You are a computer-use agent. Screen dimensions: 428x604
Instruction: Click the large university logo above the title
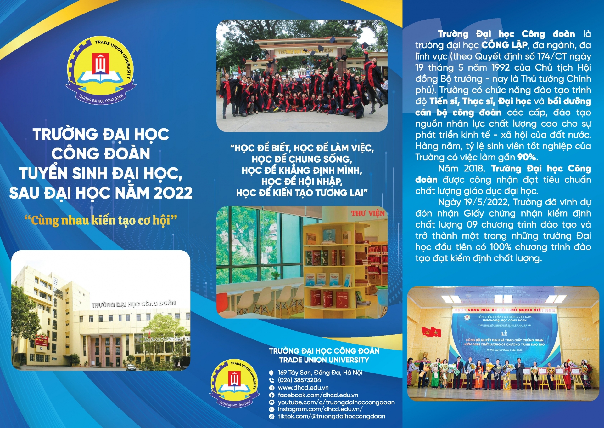(x=100, y=70)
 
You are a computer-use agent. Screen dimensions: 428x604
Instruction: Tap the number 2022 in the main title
(x=173, y=193)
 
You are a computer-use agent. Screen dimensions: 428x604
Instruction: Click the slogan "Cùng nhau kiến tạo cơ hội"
(x=101, y=220)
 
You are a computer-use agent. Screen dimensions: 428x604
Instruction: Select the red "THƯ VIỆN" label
(x=368, y=213)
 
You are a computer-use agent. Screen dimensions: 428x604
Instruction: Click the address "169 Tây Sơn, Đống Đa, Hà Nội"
(x=320, y=373)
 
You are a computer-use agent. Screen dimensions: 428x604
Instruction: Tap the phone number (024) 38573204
(x=299, y=380)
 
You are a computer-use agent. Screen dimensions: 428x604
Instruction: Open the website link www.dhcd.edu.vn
(x=303, y=388)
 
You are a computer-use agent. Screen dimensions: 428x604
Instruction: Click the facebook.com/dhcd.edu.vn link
(x=318, y=395)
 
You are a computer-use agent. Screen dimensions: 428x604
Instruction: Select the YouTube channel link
(x=336, y=402)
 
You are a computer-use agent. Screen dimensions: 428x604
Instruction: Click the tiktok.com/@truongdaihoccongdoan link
(x=331, y=416)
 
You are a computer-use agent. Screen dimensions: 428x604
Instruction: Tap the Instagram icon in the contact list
(x=272, y=409)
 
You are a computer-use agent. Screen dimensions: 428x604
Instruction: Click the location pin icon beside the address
(x=271, y=373)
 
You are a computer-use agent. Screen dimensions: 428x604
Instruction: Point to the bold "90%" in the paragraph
(x=527, y=157)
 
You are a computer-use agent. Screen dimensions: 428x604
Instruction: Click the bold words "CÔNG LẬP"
(x=504, y=45)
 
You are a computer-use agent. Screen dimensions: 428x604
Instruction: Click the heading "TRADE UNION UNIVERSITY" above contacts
(x=324, y=360)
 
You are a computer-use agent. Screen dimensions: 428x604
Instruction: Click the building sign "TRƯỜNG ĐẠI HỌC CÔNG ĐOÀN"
(x=133, y=304)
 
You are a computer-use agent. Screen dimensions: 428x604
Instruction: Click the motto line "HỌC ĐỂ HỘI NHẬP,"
(x=302, y=182)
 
